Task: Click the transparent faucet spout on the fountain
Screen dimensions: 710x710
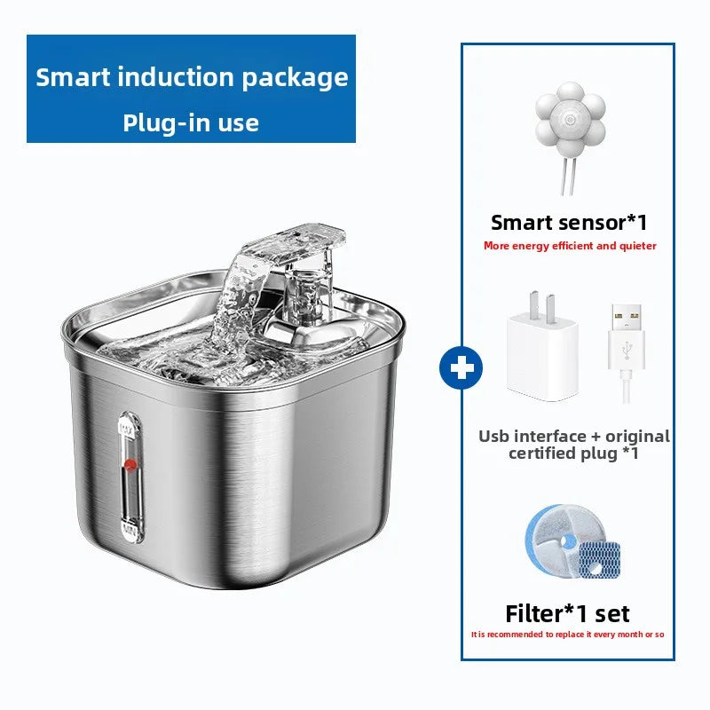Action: [x=293, y=244]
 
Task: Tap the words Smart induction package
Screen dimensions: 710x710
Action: [x=192, y=77]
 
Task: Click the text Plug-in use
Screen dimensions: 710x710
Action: [x=191, y=122]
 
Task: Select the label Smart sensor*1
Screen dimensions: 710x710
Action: [x=569, y=222]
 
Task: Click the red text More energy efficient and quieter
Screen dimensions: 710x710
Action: [x=570, y=246]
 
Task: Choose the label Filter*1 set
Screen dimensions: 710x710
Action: [x=567, y=613]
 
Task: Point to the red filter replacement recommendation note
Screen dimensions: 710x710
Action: [x=567, y=635]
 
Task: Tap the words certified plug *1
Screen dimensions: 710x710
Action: [x=573, y=454]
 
